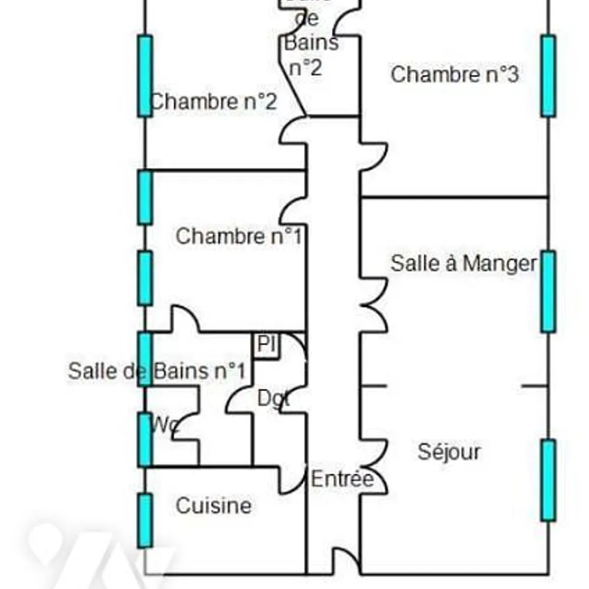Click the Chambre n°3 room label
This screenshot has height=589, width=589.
(454, 75)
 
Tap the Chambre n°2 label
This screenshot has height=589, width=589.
(214, 101)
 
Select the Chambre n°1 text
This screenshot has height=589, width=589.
(239, 236)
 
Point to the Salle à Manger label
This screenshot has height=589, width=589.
(464, 263)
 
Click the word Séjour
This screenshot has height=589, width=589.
(449, 452)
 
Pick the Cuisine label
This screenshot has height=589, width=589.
(214, 505)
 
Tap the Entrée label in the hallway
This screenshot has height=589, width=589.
(342, 479)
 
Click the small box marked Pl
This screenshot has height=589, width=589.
(267, 345)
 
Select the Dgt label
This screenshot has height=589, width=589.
(273, 399)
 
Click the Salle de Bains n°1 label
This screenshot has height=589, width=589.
(157, 371)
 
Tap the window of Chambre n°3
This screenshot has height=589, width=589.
(548, 75)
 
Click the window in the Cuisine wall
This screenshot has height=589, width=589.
(145, 521)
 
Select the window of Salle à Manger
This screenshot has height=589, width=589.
(548, 291)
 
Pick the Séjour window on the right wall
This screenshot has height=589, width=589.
(548, 480)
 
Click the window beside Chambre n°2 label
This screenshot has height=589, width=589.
(145, 75)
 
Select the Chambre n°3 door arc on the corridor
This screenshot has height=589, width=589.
(373, 155)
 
